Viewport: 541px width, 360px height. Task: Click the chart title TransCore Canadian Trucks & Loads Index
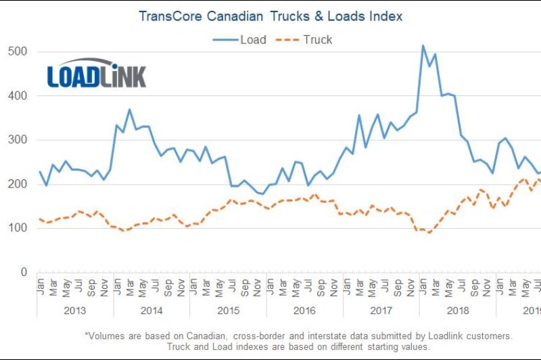pyautogui.click(x=270, y=16)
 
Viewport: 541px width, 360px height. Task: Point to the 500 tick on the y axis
pyautogui.click(x=18, y=51)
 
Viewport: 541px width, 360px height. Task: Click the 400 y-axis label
pyautogui.click(x=18, y=96)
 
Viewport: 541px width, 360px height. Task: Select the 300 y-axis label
pyautogui.click(x=18, y=140)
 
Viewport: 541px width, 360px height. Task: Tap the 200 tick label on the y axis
pyautogui.click(x=18, y=184)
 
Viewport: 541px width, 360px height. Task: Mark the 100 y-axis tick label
pyautogui.click(x=18, y=228)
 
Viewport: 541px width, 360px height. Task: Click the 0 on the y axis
pyautogui.click(x=24, y=272)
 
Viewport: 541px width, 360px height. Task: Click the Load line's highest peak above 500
pyautogui.click(x=423, y=46)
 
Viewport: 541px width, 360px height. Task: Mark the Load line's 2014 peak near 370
pyautogui.click(x=130, y=110)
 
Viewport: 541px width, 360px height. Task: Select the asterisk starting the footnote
pyautogui.click(x=87, y=334)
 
